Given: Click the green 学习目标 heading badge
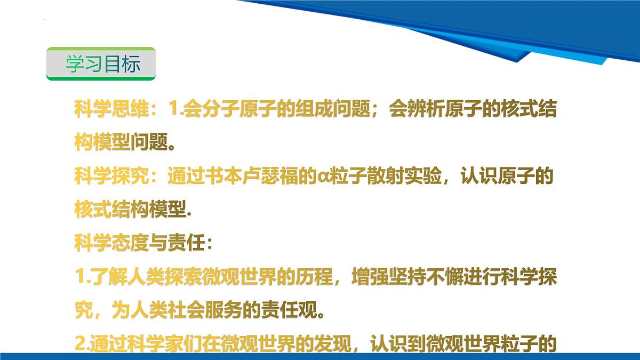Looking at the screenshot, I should (x=101, y=64).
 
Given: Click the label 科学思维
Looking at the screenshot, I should (x=111, y=110).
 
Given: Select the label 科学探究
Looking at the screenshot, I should (x=111, y=176).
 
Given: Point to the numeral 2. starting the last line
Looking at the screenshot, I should (x=81, y=343).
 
